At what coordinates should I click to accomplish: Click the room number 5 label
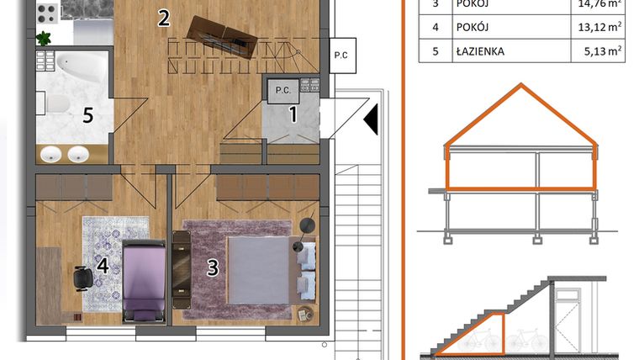pos(88,114)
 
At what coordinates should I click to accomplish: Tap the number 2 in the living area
pos(165,17)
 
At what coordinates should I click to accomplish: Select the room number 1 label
pos(293,114)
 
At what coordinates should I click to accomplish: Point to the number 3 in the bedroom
pos(213,267)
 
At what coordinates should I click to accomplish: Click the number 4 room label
pos(103,267)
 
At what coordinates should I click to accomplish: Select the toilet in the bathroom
pos(56,103)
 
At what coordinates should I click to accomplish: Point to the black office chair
pos(82,277)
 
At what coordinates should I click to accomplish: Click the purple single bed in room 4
pos(144,279)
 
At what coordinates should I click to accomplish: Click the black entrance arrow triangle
pos(370,120)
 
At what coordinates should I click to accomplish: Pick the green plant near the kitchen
pos(44,38)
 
